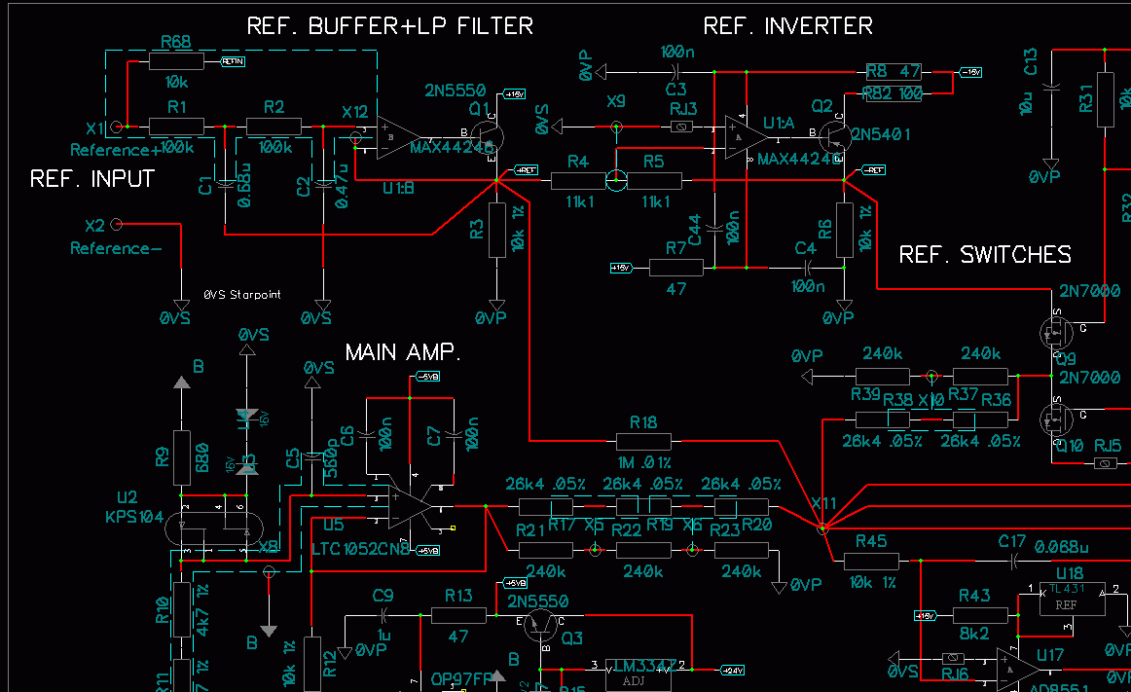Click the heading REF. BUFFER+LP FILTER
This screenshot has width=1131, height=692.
(390, 26)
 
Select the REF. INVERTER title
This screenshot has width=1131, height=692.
(787, 26)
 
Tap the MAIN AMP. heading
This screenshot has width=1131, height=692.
(403, 351)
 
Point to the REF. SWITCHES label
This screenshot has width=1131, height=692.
(984, 255)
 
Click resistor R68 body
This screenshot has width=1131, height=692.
(176, 61)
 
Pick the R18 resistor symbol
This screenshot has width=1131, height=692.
(643, 441)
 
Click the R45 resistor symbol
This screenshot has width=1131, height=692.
(871, 561)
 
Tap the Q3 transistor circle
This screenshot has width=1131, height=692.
(538, 625)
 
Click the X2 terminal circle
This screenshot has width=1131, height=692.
(117, 225)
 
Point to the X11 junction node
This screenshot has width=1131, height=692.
(822, 528)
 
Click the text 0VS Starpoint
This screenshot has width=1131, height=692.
(242, 294)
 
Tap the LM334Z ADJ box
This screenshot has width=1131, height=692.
(639, 673)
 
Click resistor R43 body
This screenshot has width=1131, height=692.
(980, 615)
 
